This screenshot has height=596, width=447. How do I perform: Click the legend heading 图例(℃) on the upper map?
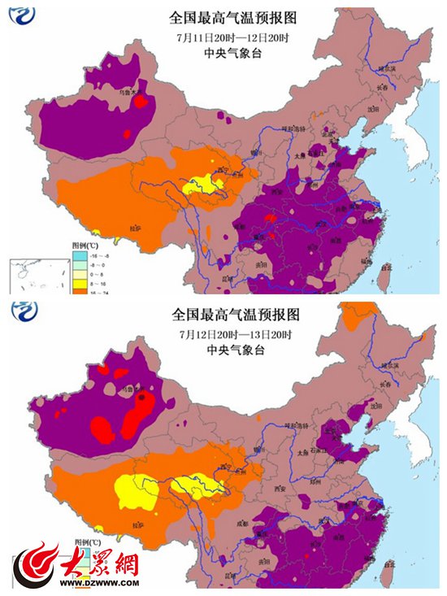(84, 243)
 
